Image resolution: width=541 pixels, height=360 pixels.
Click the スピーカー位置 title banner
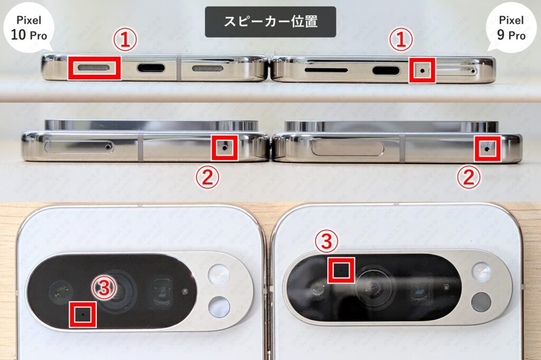pyautogui.click(x=270, y=22)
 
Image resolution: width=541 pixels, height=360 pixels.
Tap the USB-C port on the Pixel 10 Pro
pyautogui.click(x=151, y=68)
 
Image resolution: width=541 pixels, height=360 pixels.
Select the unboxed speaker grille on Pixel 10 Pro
pyautogui.click(x=211, y=69)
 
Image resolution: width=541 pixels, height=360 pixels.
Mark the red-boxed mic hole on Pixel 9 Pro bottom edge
pyautogui.click(x=422, y=70)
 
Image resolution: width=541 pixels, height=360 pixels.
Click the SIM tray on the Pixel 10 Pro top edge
pyautogui.click(x=78, y=146)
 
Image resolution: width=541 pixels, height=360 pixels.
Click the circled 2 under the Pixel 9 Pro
pyautogui.click(x=469, y=177)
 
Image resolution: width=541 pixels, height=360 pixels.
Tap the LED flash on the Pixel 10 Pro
pyautogui.click(x=219, y=275)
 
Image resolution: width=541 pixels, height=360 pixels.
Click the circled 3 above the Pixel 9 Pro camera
pyautogui.click(x=326, y=242)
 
